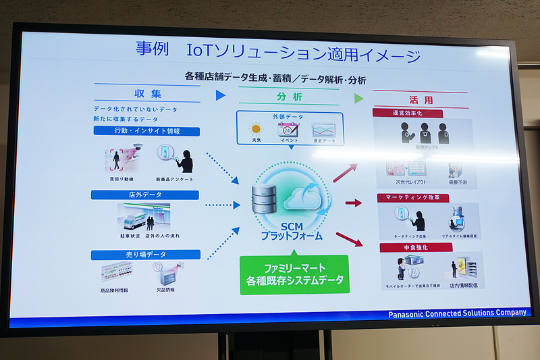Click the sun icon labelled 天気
click(x=256, y=128)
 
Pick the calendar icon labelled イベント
click(x=288, y=129)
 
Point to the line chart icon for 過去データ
click(x=324, y=129)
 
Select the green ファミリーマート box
click(x=294, y=274)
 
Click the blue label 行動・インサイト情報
click(x=146, y=132)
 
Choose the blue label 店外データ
click(x=145, y=195)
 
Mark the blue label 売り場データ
click(x=146, y=255)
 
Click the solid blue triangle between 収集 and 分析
click(x=220, y=96)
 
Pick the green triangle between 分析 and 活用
click(x=358, y=99)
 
